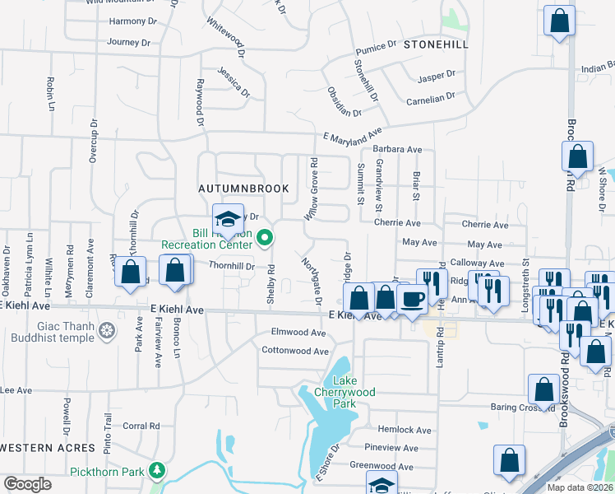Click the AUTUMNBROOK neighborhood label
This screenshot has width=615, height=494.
pyautogui.click(x=244, y=189)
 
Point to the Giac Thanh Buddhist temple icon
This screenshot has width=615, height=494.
pyautogui.click(x=106, y=332)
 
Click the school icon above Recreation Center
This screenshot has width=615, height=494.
pyautogui.click(x=228, y=220)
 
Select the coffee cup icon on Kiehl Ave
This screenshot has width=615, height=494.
pyautogui.click(x=412, y=299)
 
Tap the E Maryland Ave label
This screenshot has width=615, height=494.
pyautogui.click(x=353, y=134)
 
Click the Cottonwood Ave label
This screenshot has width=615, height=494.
pyautogui.click(x=295, y=351)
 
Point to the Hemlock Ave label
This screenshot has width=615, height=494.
pyautogui.click(x=405, y=430)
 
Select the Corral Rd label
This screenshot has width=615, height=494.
pyautogui.click(x=141, y=426)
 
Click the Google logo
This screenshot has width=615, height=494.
pyautogui.click(x=27, y=484)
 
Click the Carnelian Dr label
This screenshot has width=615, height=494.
pyautogui.click(x=431, y=99)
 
